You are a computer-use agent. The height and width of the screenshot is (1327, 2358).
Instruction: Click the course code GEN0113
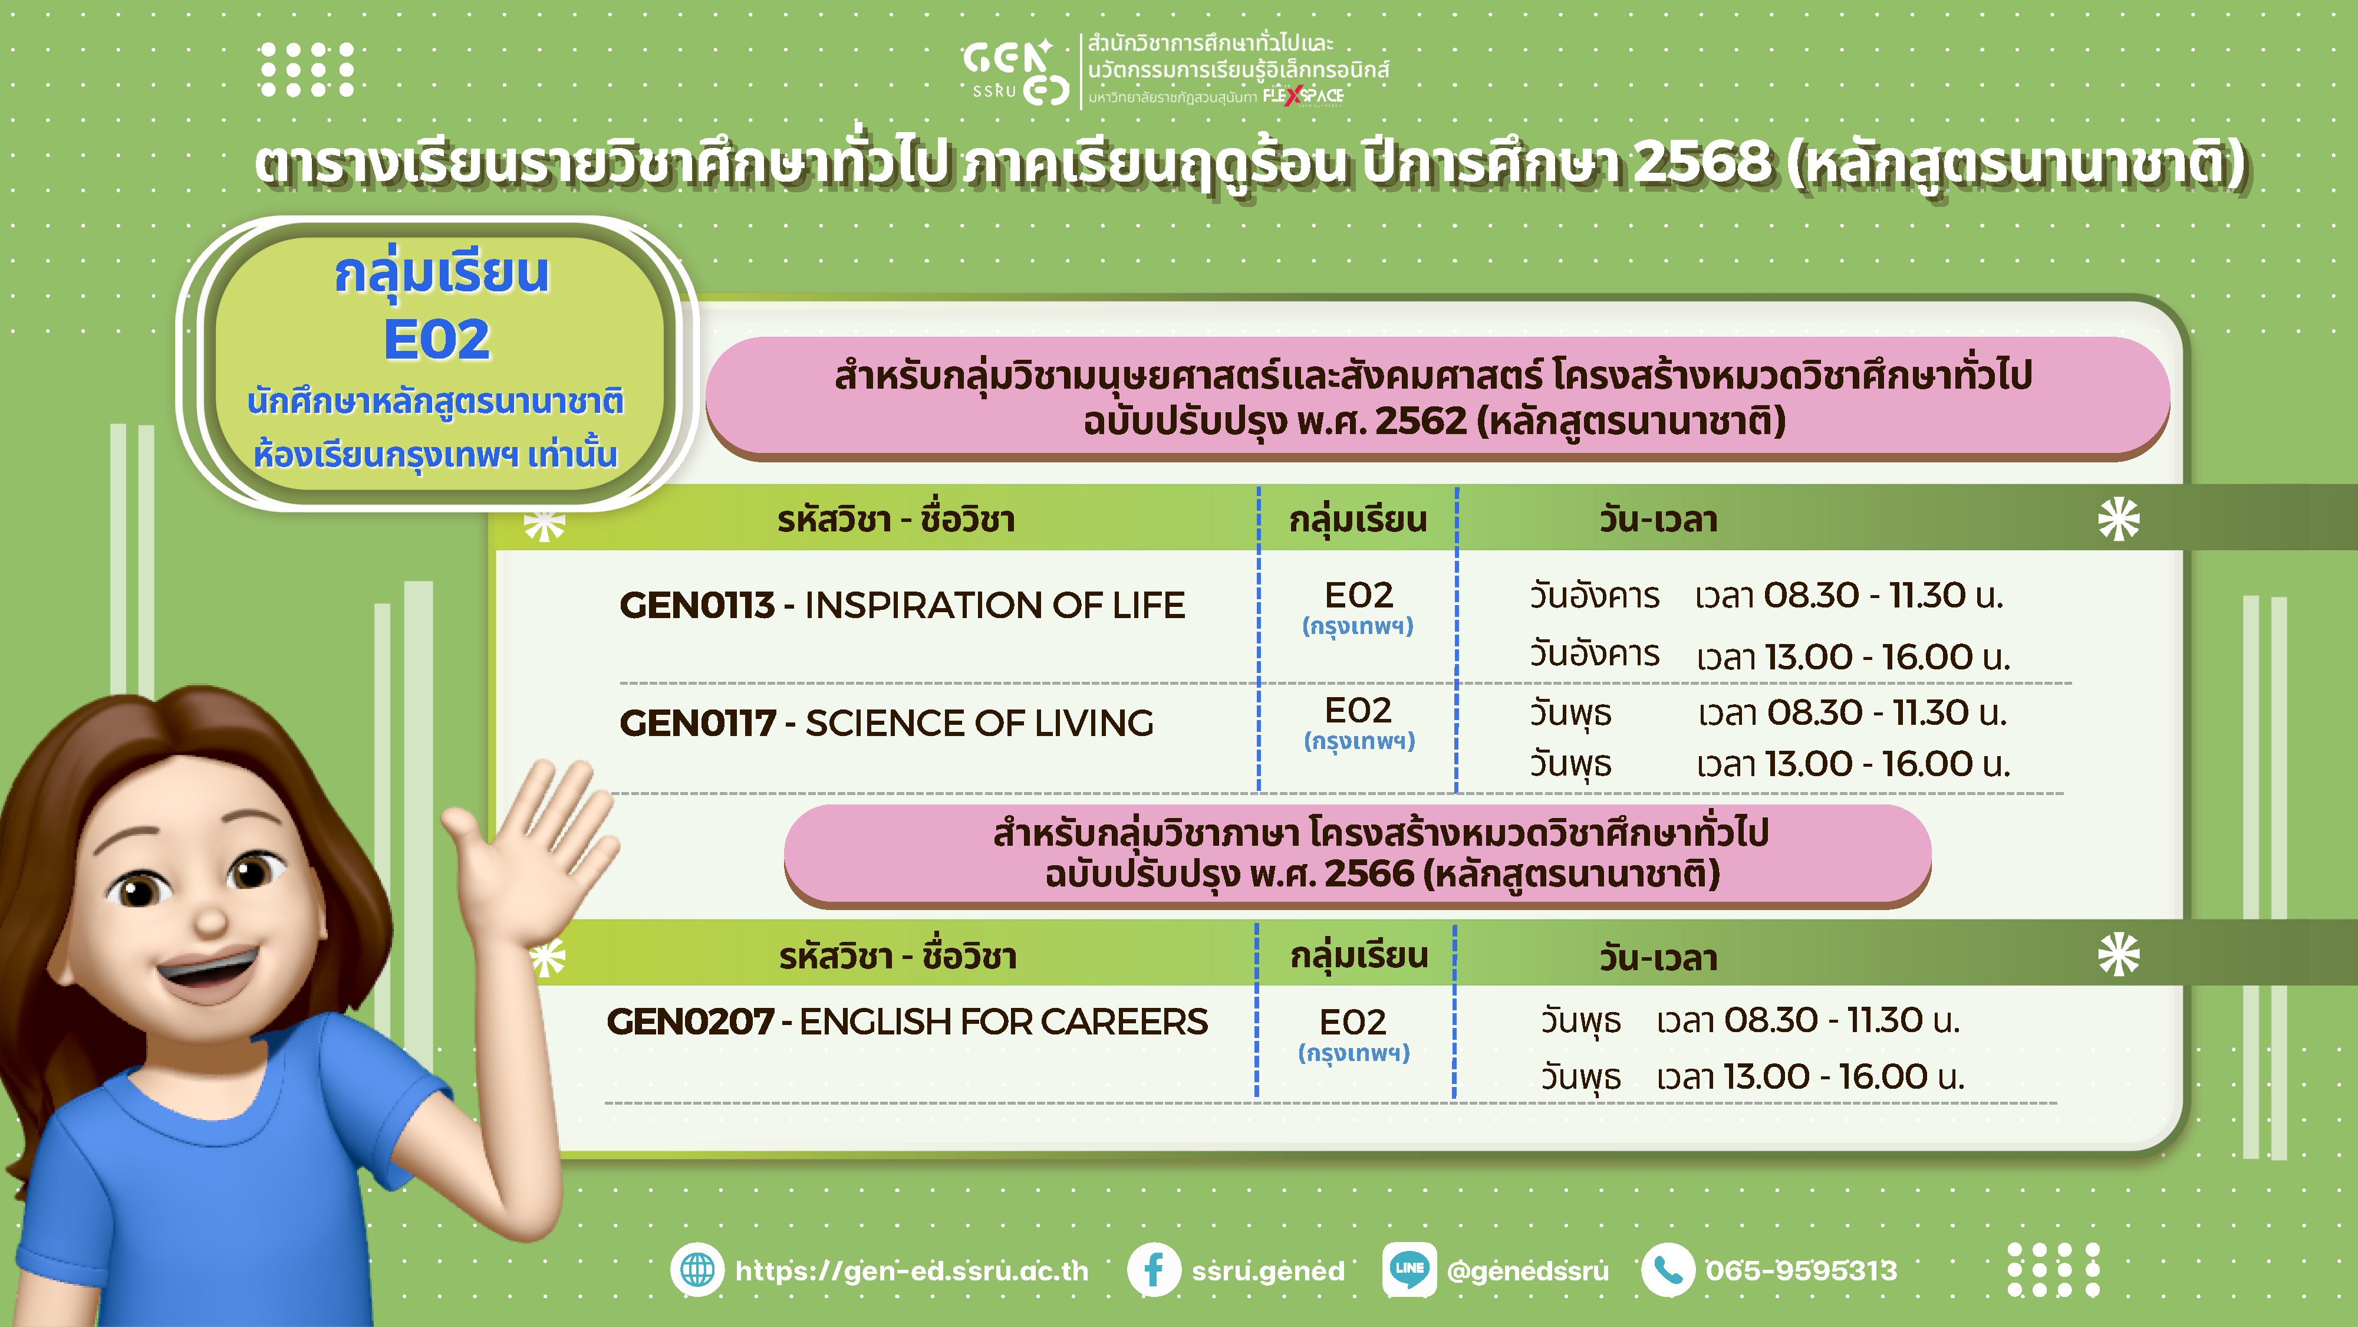(x=697, y=605)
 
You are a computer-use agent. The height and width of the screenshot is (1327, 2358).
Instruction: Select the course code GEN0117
(x=697, y=724)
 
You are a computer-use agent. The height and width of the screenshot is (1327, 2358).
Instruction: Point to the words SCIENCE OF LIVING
(x=979, y=724)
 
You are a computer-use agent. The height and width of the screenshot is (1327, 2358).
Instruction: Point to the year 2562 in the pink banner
(x=1421, y=421)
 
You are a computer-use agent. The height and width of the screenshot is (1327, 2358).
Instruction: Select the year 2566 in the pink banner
(x=1369, y=873)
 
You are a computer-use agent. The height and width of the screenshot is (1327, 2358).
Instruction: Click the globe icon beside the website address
(x=697, y=1270)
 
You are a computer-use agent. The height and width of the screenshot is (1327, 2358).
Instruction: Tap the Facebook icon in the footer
(x=1154, y=1270)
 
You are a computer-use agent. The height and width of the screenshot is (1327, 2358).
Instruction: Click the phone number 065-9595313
(x=1802, y=1271)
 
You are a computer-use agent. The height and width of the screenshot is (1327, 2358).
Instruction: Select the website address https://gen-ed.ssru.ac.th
(x=912, y=1271)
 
